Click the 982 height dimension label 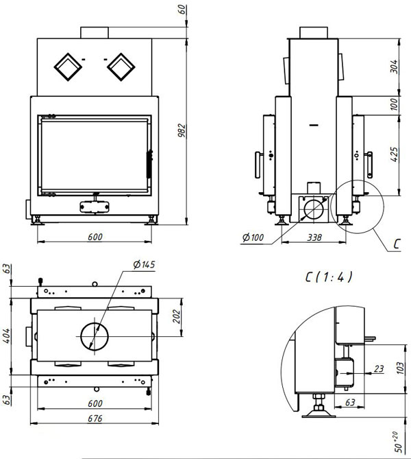point(182,131)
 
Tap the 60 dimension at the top point(182,10)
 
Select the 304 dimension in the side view point(394,67)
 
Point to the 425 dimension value point(394,154)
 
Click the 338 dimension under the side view point(314,237)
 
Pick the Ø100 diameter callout point(253,237)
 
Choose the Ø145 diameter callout point(144,265)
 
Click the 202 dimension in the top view point(177,316)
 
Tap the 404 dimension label point(6,336)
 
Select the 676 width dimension point(95,419)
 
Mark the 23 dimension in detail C point(379,369)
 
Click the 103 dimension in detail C point(401,368)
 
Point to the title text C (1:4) point(329,277)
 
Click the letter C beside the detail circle point(397,244)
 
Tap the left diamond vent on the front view point(68,67)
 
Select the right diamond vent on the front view point(121,67)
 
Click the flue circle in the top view point(95,322)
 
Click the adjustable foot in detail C point(318,407)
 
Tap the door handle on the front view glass point(149,164)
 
